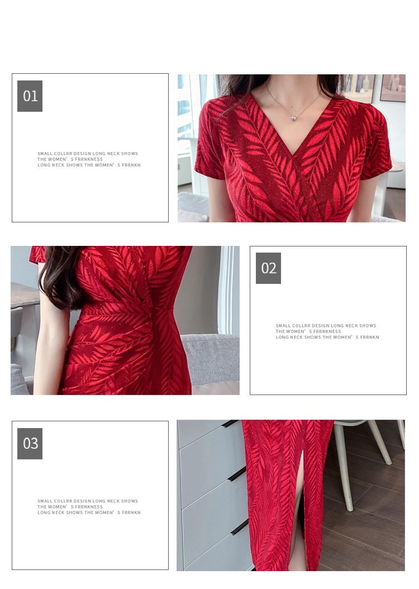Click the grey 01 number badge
30,96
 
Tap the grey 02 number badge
269,268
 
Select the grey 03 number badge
30,443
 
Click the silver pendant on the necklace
294,118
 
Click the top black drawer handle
230,424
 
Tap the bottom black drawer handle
239,528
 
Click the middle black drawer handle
236,474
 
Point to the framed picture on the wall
392,88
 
